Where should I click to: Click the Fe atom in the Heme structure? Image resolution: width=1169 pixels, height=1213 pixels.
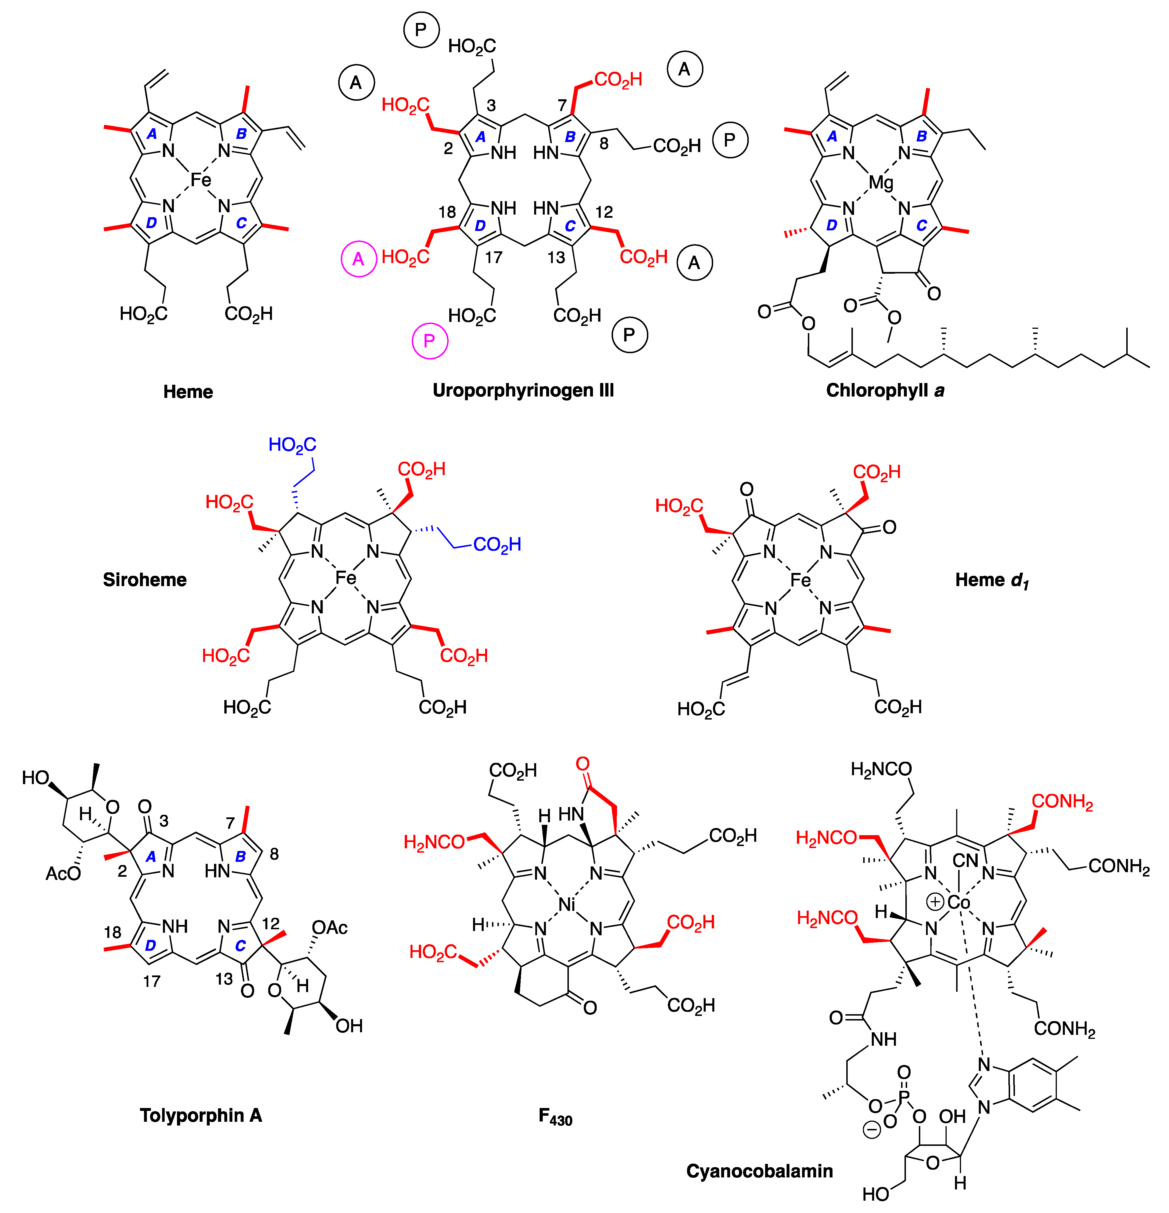[x=201, y=180]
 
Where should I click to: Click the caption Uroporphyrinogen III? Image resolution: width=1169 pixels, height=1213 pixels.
[x=523, y=390]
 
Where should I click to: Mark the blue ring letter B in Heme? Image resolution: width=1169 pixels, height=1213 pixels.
[x=241, y=133]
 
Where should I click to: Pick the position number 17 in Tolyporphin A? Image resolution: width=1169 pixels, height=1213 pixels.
[x=152, y=981]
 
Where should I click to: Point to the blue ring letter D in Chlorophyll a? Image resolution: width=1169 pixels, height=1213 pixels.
[x=832, y=225]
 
